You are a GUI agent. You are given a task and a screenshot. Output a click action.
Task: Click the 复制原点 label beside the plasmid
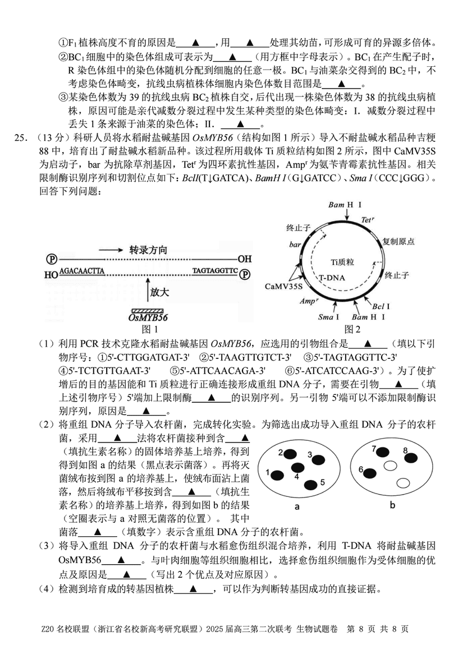pos(398,241)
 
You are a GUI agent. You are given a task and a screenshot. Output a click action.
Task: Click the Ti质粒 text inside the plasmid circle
pos(342,262)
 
